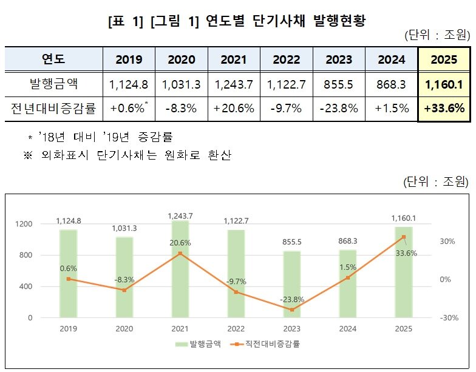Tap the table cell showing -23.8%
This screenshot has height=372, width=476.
(339, 109)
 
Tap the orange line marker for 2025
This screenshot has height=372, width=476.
(403, 237)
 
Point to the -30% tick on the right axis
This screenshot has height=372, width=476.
(449, 317)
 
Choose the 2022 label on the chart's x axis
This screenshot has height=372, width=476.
(237, 328)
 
